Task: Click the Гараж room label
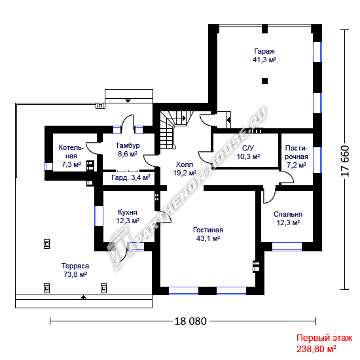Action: click(264, 51)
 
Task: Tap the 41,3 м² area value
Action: click(264, 60)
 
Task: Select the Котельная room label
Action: click(71, 152)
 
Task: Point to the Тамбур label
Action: click(128, 145)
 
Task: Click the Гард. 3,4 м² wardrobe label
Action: click(131, 177)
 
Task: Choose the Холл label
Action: click(185, 164)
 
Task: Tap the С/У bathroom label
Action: click(248, 148)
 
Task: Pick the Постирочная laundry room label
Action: click(297, 153)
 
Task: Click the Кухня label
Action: click(128, 212)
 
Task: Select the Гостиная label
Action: click(208, 230)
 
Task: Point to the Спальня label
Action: click(288, 214)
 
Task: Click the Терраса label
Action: click(75, 266)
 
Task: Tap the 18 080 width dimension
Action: click(190, 321)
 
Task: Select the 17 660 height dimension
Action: click(345, 161)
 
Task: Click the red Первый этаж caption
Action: click(324, 338)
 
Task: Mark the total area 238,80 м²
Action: click(316, 349)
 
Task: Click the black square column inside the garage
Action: click(264, 81)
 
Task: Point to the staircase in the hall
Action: click(175, 130)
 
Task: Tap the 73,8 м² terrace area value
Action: click(75, 274)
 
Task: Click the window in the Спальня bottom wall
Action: click(287, 247)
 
